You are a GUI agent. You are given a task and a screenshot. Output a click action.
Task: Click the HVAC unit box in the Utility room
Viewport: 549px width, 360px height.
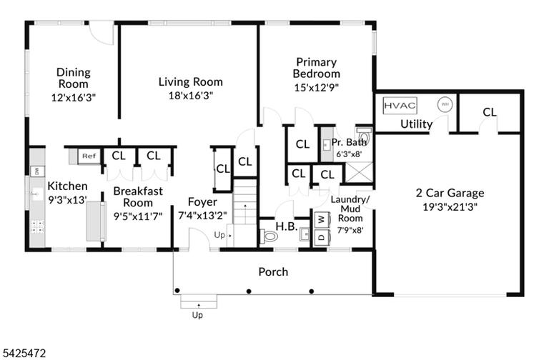(x=400, y=105)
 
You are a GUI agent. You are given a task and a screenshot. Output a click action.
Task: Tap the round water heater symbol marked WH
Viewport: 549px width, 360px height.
(x=445, y=104)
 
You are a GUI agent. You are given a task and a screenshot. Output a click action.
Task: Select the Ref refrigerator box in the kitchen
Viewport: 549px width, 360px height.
(x=89, y=156)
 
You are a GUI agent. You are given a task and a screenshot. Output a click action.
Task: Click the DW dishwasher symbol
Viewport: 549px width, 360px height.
(x=37, y=171)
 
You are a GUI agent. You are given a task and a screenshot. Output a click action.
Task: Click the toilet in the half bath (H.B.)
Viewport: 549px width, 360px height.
(x=269, y=236)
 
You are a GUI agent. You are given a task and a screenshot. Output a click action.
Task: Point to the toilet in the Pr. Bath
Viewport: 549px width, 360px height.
(x=364, y=134)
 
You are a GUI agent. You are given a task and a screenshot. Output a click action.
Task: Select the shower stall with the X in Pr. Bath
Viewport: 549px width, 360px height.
(x=359, y=172)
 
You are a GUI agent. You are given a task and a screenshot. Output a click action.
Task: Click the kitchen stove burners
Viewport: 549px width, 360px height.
(x=37, y=226)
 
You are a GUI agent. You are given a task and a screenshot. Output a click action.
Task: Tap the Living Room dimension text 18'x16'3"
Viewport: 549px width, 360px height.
(x=191, y=96)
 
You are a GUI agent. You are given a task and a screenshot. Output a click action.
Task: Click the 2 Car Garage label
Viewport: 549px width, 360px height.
(x=450, y=193)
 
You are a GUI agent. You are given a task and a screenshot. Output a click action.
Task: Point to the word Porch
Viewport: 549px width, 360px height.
(x=273, y=272)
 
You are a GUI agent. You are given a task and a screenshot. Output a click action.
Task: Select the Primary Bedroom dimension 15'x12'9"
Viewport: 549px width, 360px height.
(x=317, y=87)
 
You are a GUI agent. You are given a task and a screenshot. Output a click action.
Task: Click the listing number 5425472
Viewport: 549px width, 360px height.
(x=23, y=353)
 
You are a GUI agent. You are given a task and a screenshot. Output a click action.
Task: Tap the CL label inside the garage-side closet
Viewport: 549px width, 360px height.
(x=489, y=112)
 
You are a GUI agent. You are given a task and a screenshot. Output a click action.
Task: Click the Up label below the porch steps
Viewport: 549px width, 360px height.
(x=197, y=315)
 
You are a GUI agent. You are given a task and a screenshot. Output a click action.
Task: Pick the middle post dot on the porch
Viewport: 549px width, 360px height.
(x=249, y=291)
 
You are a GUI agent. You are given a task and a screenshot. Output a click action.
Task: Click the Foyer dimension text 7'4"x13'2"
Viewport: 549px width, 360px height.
(x=202, y=216)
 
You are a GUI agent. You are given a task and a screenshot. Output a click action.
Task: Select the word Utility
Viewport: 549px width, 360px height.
(x=416, y=124)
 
